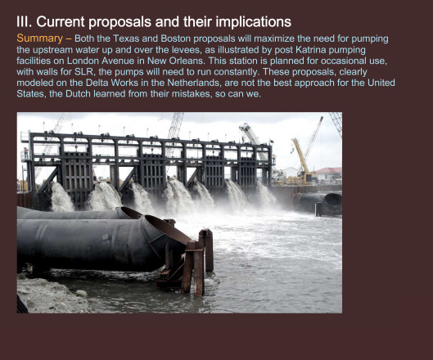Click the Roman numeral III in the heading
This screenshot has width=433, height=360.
pyautogui.click(x=23, y=21)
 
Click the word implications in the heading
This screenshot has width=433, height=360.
pyautogui.click(x=253, y=22)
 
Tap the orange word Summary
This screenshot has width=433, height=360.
pyautogui.click(x=40, y=38)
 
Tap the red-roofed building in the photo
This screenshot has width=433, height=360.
pyautogui.click(x=328, y=173)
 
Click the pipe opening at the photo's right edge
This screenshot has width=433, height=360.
pyautogui.click(x=333, y=201)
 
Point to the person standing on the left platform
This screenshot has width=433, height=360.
pyautogui.click(x=25, y=153)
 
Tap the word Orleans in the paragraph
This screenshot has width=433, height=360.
pyautogui.click(x=188, y=61)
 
